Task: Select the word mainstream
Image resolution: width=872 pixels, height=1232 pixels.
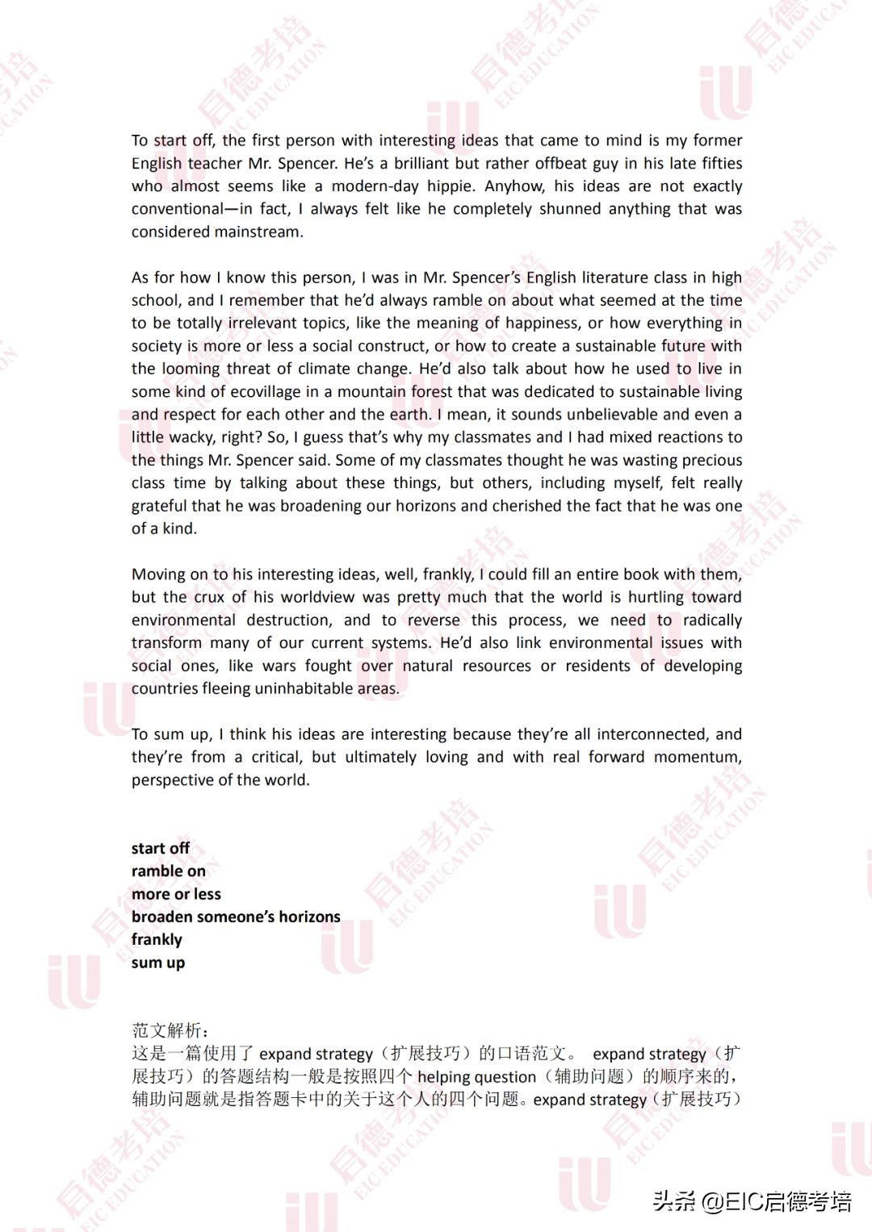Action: (259, 232)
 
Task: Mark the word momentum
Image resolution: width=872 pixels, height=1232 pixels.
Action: (697, 757)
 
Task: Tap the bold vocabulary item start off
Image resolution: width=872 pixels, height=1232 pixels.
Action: (161, 848)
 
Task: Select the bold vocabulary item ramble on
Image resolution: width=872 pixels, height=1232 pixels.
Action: (169, 871)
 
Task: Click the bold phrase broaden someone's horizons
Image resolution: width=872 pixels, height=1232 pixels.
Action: (236, 917)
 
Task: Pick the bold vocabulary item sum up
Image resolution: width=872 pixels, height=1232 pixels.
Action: (158, 963)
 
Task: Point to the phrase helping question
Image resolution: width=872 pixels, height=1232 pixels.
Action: (476, 1076)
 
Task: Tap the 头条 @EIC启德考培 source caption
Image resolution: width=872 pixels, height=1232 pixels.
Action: (753, 1201)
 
